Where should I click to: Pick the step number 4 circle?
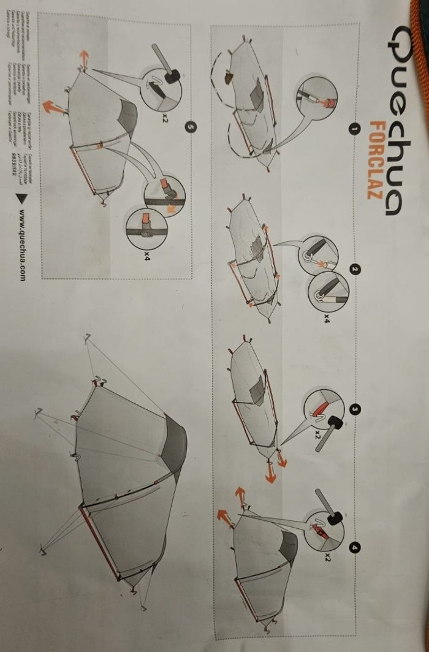point(354,547)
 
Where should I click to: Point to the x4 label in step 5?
point(148,252)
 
